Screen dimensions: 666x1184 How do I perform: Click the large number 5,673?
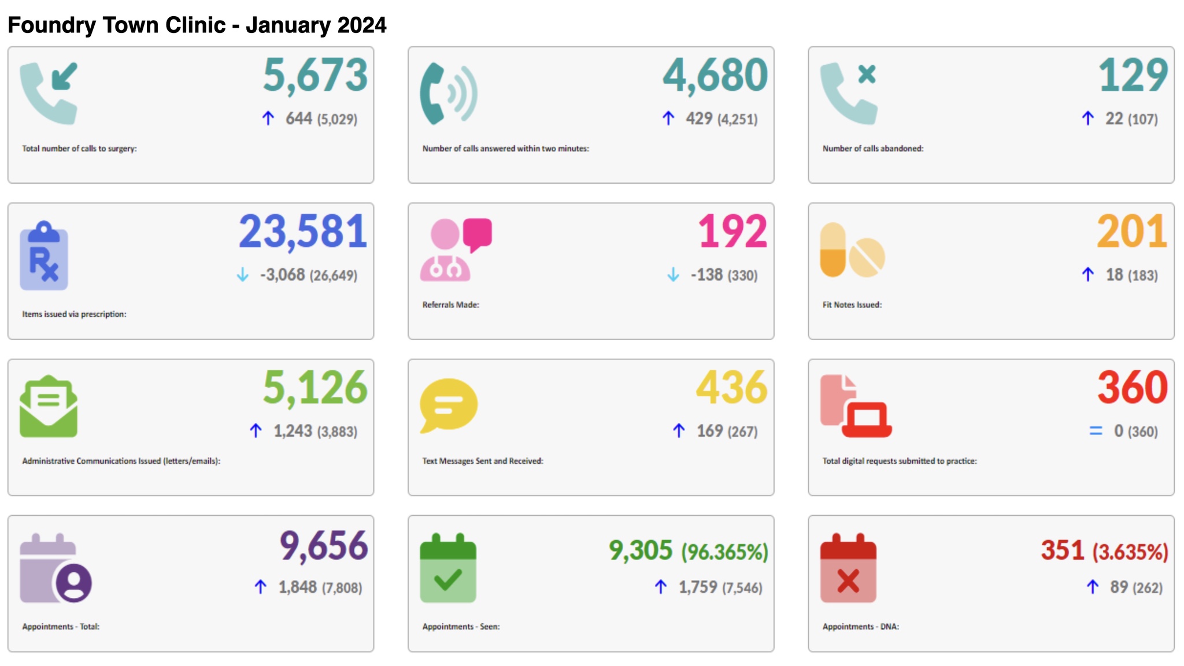[315, 76]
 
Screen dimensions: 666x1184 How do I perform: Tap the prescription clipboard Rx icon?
[44, 256]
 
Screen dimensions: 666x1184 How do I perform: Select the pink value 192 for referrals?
[732, 232]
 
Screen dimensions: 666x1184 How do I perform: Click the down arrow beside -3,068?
[243, 275]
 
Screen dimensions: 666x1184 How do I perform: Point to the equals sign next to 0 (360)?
[1096, 431]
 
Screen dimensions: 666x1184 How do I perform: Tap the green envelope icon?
[49, 407]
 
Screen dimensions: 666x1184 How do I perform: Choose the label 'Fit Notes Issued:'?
[852, 305]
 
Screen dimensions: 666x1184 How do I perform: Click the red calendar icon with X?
[848, 569]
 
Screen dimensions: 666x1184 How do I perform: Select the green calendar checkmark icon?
[448, 569]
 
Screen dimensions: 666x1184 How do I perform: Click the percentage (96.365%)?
[725, 552]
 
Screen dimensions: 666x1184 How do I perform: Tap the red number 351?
[1062, 550]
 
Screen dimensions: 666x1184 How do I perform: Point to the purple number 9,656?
[324, 546]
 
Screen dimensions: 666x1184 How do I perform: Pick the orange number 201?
[1132, 232]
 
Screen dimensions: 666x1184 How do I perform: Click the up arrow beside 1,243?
[256, 431]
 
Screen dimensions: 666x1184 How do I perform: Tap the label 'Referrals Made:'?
[450, 305]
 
